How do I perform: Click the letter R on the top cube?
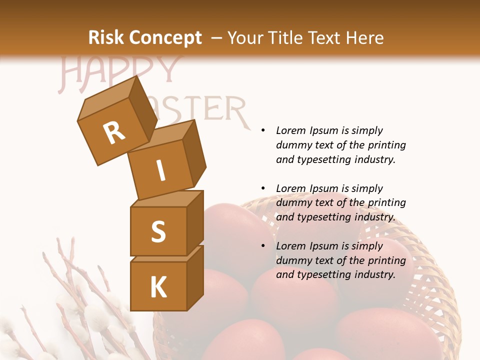(114, 133)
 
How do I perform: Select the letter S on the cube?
(158, 231)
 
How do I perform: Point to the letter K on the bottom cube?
(158, 288)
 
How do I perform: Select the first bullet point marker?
(262, 130)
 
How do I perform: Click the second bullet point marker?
(262, 188)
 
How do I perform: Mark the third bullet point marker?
(262, 246)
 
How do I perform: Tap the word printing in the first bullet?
(386, 145)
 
